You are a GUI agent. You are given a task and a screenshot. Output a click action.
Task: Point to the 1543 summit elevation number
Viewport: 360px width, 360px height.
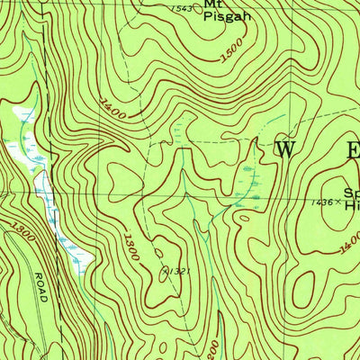click(182, 8)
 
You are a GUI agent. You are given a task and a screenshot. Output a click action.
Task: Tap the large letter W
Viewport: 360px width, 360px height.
click(284, 150)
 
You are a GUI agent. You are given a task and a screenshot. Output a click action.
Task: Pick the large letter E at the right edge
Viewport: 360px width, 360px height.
click(351, 150)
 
